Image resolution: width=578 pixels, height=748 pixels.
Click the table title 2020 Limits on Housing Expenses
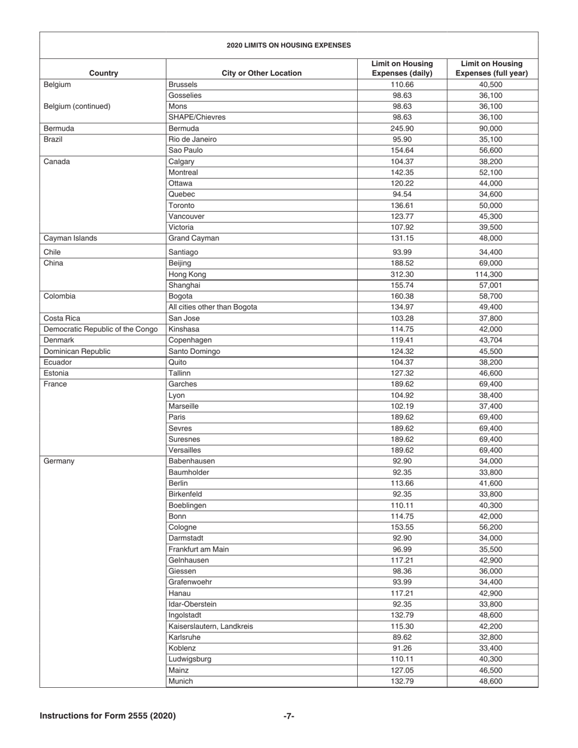pyautogui.click(x=288, y=45)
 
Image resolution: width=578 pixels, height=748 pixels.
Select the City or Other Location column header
pyautogui.click(x=262, y=74)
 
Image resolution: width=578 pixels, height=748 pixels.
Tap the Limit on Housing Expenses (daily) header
pyautogui.click(x=402, y=69)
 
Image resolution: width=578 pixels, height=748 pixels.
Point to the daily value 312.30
pyautogui.click(x=402, y=274)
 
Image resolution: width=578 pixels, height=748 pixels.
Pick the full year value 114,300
pyautogui.click(x=492, y=274)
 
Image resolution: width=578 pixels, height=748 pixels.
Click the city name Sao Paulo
pyautogui.click(x=186, y=150)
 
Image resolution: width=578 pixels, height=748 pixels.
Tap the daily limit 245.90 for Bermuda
pyautogui.click(x=402, y=128)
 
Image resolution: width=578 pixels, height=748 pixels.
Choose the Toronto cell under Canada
pyautogui.click(x=182, y=206)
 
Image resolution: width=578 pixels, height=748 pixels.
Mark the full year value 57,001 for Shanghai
pyautogui.click(x=492, y=285)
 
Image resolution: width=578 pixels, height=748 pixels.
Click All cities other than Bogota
pyautogui.click(x=212, y=307)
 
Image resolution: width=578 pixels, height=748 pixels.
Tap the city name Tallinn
pyautogui.click(x=179, y=373)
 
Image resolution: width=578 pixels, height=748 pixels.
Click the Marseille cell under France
pyautogui.click(x=183, y=406)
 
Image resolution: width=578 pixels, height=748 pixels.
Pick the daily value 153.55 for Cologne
pyautogui.click(x=402, y=527)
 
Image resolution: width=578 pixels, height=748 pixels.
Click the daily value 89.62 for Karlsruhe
pyautogui.click(x=402, y=637)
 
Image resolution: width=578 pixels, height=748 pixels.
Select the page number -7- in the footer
pyautogui.click(x=289, y=716)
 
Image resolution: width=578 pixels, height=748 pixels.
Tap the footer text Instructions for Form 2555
pyautogui.click(x=108, y=716)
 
